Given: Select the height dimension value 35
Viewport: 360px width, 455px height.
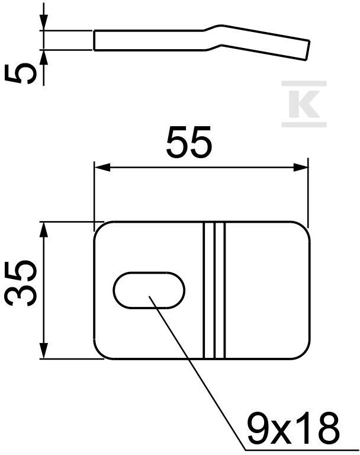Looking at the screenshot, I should coord(23,283).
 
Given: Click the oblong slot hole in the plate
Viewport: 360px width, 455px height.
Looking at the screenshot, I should coord(149,290).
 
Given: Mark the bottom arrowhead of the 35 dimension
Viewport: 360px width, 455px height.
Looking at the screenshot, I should coord(43,351).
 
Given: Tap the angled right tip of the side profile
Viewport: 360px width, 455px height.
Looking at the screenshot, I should coord(307,50).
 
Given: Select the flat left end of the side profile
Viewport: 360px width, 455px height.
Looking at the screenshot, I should coord(95,40).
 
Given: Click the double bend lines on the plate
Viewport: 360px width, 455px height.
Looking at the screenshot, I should coord(214,290).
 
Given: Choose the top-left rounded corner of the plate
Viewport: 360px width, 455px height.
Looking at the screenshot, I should coord(100,228).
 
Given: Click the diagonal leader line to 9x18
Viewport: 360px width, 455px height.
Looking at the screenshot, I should coord(195,367).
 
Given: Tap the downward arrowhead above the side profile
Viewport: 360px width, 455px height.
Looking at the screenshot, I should coord(43,24).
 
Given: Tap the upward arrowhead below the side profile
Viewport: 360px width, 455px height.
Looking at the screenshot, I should coord(43,57).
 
